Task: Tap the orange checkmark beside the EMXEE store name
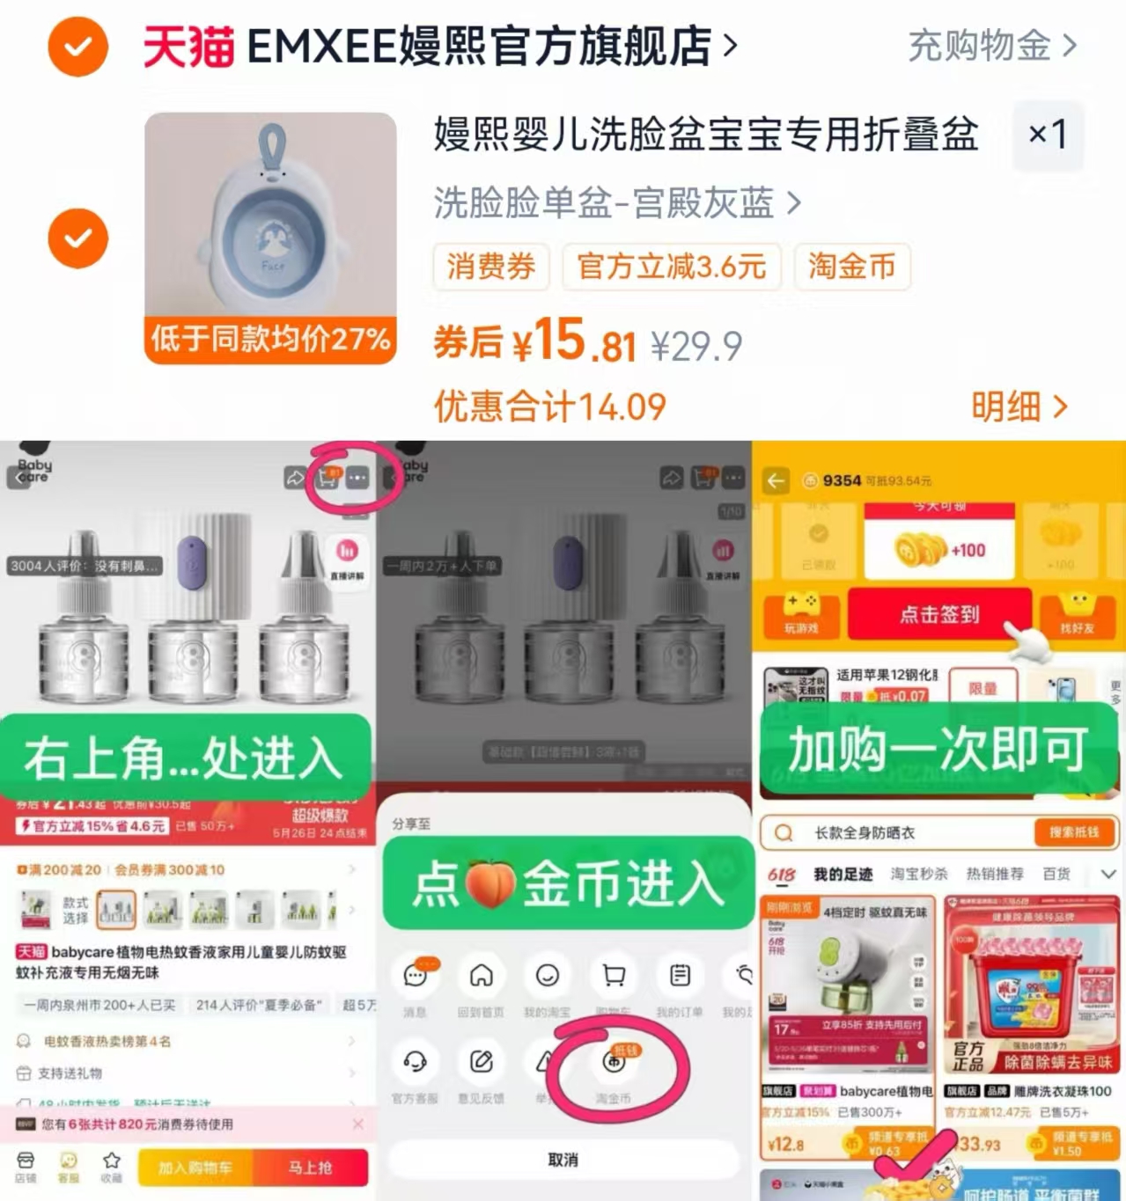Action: (77, 47)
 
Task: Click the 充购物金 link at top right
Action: (991, 46)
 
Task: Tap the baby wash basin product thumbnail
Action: (270, 238)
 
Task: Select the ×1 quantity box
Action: (1048, 135)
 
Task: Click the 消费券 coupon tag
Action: (490, 267)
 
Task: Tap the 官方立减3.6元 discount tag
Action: (671, 267)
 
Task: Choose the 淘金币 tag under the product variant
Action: (851, 267)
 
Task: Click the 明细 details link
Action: (1019, 406)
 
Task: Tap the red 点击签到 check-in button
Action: (938, 614)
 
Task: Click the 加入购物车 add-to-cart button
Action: (195, 1168)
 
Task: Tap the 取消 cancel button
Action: (563, 1160)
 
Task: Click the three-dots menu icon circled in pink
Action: (357, 478)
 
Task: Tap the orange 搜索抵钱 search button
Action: (1072, 832)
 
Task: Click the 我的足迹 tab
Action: (843, 874)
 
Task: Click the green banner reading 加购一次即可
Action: (938, 750)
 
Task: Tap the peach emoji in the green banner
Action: (489, 884)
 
